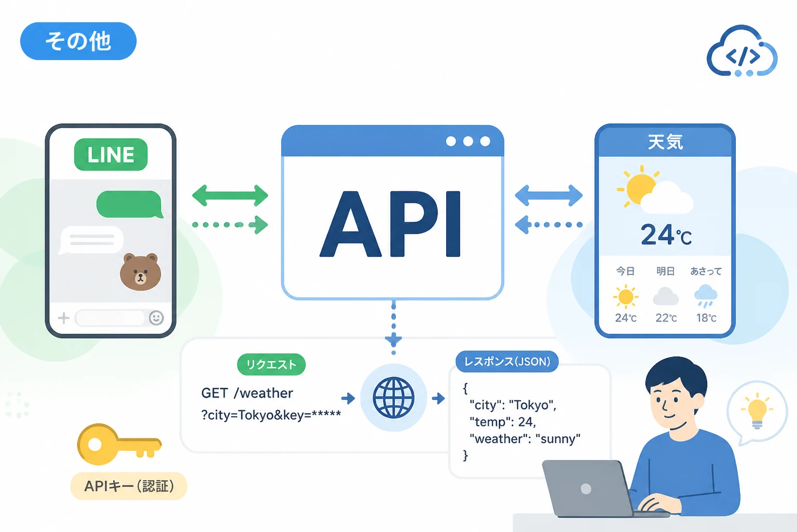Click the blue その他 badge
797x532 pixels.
(x=78, y=41)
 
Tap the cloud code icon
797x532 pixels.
(x=742, y=50)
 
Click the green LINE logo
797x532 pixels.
(x=111, y=154)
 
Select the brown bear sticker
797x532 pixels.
(x=140, y=272)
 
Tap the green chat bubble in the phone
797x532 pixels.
(x=130, y=204)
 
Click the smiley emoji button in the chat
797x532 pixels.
(x=156, y=317)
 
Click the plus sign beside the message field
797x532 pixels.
(x=64, y=318)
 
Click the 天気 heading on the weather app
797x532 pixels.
(x=665, y=142)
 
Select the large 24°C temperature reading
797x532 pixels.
(x=666, y=235)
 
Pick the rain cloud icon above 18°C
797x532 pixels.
(x=706, y=296)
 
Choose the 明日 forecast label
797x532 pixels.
(x=665, y=271)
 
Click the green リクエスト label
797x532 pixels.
(x=271, y=364)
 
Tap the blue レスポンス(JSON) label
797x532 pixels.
(x=507, y=362)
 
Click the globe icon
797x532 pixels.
(x=393, y=397)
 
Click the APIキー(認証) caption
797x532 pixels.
(x=129, y=486)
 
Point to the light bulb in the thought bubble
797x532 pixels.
(x=757, y=411)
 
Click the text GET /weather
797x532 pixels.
(x=247, y=393)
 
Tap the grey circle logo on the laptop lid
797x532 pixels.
(x=586, y=488)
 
